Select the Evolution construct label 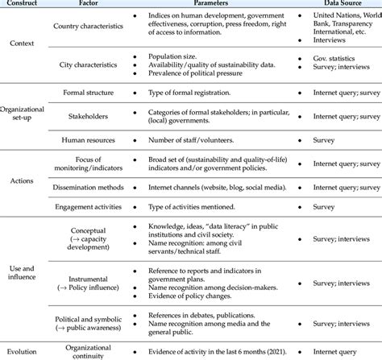(23, 351)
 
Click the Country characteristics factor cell (89, 27)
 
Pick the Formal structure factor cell (89, 94)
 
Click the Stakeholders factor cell (89, 117)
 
